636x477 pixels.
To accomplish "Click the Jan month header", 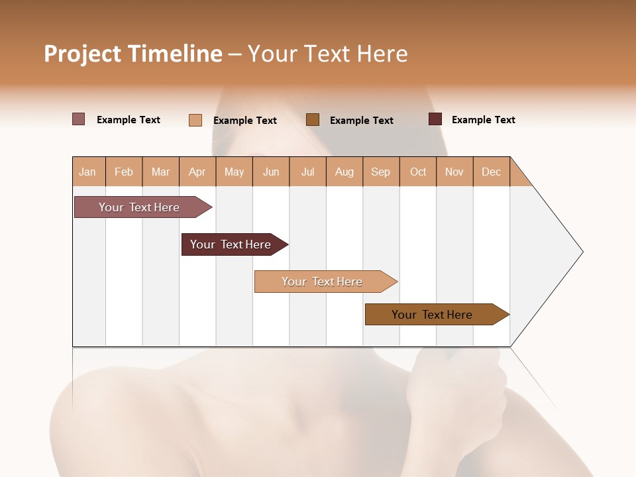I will click(88, 172).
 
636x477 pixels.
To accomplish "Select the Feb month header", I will click(124, 172).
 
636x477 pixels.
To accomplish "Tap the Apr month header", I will click(197, 172).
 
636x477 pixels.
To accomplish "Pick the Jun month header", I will click(271, 172).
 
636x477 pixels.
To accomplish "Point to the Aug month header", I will click(344, 172).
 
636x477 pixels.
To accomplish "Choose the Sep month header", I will click(381, 172).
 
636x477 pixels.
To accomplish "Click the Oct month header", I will click(418, 172).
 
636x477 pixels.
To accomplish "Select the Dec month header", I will click(492, 172).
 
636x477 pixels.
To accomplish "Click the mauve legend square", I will click(79, 119).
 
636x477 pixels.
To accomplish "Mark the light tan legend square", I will click(195, 120).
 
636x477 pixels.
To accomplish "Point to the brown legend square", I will click(313, 120).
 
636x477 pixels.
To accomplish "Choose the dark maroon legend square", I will click(435, 119).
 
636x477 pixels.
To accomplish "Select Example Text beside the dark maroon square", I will click(483, 120).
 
